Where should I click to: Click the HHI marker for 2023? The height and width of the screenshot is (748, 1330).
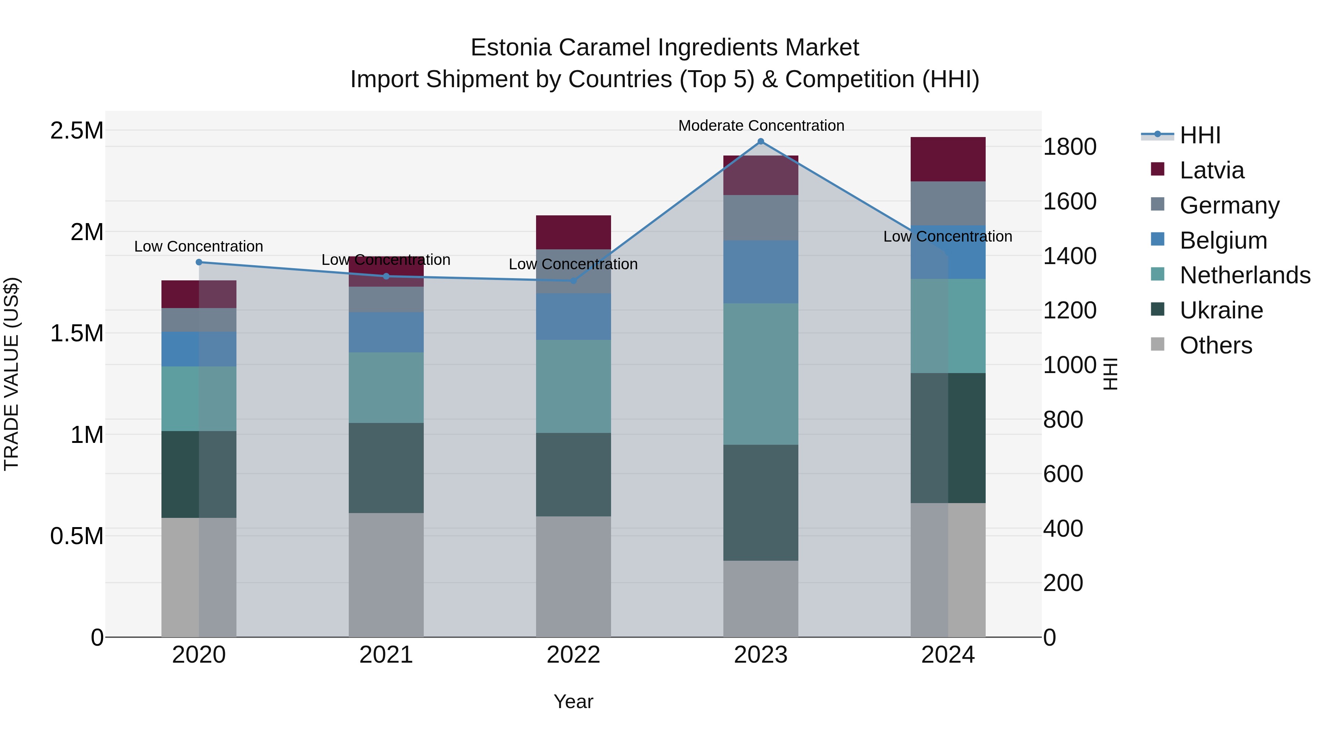[761, 141]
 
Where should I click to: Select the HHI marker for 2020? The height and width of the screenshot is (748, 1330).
[199, 262]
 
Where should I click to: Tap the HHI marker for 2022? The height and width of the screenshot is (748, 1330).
[573, 281]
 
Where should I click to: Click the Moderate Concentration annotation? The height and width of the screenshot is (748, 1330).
[761, 126]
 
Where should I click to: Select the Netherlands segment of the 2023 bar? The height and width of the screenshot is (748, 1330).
[761, 374]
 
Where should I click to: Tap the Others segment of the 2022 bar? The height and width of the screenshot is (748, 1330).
[573, 576]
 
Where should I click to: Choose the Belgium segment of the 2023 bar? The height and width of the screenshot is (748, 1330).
[761, 271]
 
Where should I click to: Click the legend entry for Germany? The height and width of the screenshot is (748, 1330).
[1229, 205]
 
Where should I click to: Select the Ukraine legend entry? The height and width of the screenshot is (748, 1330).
[1221, 310]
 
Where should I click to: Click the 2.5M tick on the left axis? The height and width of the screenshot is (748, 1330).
[77, 131]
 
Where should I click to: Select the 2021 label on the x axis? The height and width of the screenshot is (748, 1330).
[386, 655]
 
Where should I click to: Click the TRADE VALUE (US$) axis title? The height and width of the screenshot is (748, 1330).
[11, 374]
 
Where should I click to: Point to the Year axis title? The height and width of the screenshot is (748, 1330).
[573, 701]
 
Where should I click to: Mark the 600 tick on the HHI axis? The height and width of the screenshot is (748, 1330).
[1063, 474]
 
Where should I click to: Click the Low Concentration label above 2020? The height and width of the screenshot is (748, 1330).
[199, 246]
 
